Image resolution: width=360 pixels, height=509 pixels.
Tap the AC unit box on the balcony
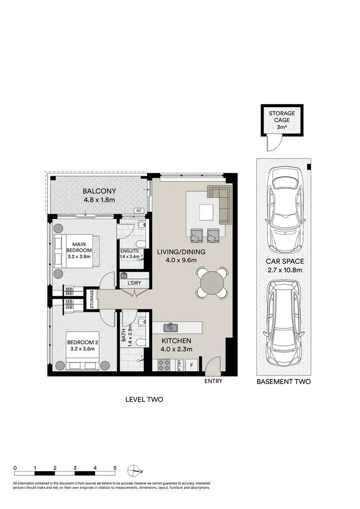[139, 210]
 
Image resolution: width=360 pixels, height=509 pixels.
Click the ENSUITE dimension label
[130, 254]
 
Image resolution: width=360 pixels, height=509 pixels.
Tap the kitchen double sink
[170, 328]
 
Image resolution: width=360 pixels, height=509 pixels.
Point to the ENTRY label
[213, 381]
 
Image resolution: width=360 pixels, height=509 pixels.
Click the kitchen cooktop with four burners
[162, 364]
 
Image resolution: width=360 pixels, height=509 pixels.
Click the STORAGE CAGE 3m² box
[281, 120]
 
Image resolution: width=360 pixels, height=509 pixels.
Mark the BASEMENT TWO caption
[284, 382]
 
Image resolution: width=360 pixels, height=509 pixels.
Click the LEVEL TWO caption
[144, 399]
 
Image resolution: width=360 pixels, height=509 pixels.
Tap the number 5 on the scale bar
[115, 467]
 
